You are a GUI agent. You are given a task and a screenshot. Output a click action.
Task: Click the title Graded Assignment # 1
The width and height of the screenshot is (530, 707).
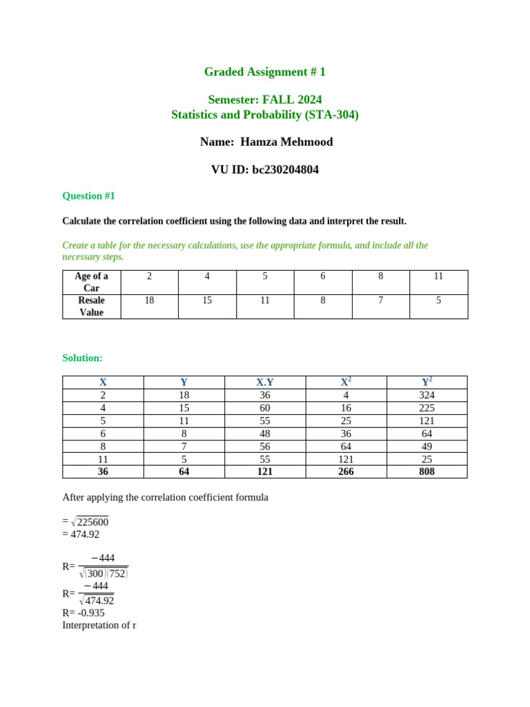click(x=265, y=72)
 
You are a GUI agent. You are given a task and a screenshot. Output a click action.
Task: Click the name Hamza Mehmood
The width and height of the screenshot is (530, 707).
click(x=286, y=142)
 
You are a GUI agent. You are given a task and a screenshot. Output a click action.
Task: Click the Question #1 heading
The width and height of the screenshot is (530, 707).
click(x=88, y=196)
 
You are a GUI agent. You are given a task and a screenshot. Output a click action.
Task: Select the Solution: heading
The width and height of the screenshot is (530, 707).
click(x=82, y=358)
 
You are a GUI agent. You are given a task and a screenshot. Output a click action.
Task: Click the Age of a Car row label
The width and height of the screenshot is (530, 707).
click(x=91, y=282)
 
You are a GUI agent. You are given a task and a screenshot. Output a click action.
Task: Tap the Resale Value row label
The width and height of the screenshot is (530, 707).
click(x=91, y=307)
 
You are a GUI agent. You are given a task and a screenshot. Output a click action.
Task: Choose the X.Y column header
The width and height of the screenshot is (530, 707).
click(x=265, y=382)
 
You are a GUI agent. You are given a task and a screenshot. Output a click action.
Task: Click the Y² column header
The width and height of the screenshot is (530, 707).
click(x=426, y=382)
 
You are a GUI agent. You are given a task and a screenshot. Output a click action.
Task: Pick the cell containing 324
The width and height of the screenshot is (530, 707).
click(x=426, y=395)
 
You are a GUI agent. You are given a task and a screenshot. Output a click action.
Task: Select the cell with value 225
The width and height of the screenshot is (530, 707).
click(x=426, y=408)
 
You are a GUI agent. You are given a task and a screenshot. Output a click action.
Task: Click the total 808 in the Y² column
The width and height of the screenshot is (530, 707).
click(x=426, y=472)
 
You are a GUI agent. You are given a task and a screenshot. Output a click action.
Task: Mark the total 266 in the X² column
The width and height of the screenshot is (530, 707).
click(x=346, y=472)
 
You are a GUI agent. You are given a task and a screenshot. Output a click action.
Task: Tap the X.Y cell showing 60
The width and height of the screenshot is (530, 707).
click(x=265, y=408)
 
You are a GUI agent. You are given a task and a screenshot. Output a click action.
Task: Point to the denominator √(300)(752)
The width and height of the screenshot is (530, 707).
click(x=104, y=573)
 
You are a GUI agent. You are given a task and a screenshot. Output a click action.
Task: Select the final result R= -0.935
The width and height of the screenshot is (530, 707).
click(x=84, y=612)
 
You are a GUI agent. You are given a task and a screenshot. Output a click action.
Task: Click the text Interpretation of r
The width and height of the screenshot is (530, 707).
click(x=99, y=626)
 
